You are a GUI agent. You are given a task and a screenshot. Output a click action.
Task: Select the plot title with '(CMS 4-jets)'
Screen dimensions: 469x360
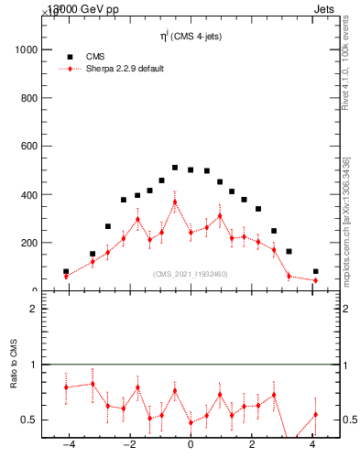coord(191,37)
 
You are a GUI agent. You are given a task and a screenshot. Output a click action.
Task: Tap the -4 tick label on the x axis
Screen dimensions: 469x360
coord(67,446)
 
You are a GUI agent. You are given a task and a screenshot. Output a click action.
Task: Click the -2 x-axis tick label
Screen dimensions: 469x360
coord(128,446)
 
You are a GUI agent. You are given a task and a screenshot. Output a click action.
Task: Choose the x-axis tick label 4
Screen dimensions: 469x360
coord(313,446)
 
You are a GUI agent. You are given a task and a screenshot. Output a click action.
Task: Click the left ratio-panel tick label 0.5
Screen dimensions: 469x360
coord(28,420)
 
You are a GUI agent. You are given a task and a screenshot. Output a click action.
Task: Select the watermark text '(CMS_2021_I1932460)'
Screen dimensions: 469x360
coord(191,274)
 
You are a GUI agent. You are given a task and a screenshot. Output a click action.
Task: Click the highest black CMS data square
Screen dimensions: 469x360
coord(175,168)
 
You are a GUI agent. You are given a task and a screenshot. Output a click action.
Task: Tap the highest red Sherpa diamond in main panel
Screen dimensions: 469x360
coord(175,202)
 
